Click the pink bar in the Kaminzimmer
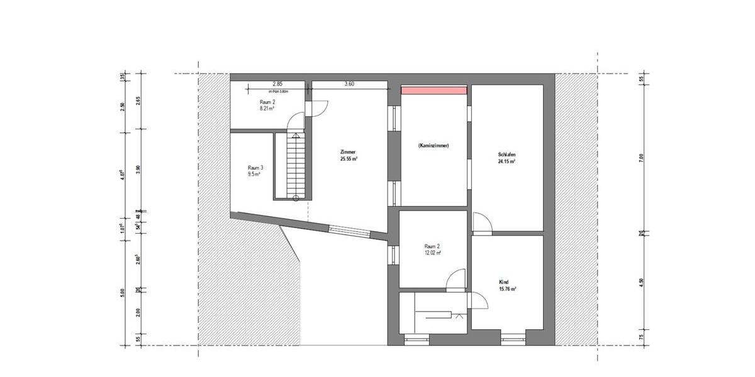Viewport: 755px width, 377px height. pyautogui.click(x=433, y=90)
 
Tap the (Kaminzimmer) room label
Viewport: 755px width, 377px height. pyautogui.click(x=433, y=146)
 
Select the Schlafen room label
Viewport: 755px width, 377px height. pyautogui.click(x=507, y=155)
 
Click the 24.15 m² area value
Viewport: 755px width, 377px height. pyautogui.click(x=507, y=161)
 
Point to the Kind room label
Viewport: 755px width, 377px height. pyautogui.click(x=504, y=282)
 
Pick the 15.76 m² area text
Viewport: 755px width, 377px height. pyautogui.click(x=507, y=289)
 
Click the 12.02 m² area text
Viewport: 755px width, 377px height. pyautogui.click(x=432, y=253)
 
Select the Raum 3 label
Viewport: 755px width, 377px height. pyautogui.click(x=255, y=167)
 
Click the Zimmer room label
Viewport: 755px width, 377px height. pyautogui.click(x=348, y=152)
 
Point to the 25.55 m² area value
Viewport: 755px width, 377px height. pyautogui.click(x=349, y=159)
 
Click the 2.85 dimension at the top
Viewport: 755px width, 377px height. pyautogui.click(x=277, y=84)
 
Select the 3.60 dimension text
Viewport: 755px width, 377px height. pyautogui.click(x=349, y=84)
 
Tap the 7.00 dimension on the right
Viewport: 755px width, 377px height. pyautogui.click(x=641, y=158)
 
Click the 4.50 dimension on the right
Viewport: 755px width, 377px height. pyautogui.click(x=641, y=281)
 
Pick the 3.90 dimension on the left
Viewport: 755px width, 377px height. pyautogui.click(x=138, y=169)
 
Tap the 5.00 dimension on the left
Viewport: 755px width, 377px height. pyautogui.click(x=122, y=293)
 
